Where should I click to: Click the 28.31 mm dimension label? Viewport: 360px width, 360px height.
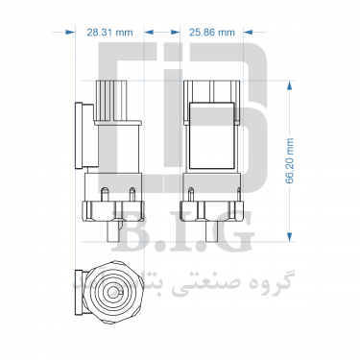[x=109, y=33]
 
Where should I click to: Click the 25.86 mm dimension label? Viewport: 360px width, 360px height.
[x=212, y=33]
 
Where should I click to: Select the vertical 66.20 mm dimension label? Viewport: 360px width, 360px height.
[x=290, y=160]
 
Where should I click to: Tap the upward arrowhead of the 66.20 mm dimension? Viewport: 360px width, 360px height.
[x=290, y=86]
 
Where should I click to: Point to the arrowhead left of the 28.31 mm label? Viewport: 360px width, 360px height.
[x=69, y=32]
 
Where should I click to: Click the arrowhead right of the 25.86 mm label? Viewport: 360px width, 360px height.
[x=249, y=32]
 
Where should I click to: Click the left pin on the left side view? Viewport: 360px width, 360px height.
[x=105, y=195]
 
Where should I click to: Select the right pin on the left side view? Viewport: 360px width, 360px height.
[x=132, y=195]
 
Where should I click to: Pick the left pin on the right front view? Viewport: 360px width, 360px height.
[x=191, y=195]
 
